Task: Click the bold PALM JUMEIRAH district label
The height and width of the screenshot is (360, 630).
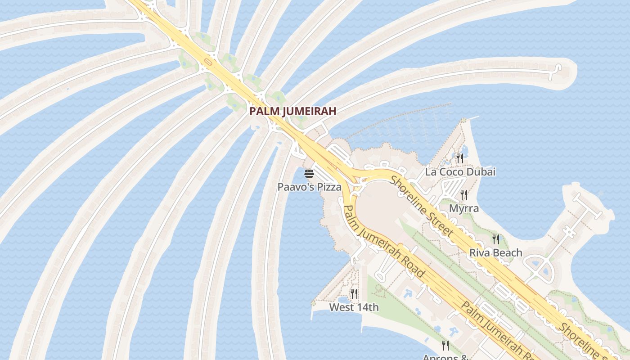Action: pyautogui.click(x=293, y=111)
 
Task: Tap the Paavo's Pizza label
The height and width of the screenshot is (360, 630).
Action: pyautogui.click(x=309, y=187)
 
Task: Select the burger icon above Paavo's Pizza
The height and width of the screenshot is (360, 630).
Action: pyautogui.click(x=309, y=174)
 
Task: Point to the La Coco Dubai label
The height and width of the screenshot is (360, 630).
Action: pyautogui.click(x=460, y=171)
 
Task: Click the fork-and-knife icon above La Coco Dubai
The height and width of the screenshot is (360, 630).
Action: pyautogui.click(x=459, y=158)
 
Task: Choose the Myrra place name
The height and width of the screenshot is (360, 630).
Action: pyautogui.click(x=463, y=208)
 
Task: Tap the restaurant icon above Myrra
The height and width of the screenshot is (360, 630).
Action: pyautogui.click(x=464, y=195)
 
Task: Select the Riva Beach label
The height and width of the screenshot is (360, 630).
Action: pyautogui.click(x=495, y=252)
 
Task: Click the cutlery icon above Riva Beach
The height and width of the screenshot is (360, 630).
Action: pyautogui.click(x=496, y=239)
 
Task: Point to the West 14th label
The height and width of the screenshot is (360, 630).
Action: pyautogui.click(x=354, y=307)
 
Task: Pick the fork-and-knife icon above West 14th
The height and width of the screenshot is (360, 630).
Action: pyautogui.click(x=354, y=294)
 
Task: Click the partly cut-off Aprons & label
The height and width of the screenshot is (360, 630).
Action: pyautogui.click(x=445, y=357)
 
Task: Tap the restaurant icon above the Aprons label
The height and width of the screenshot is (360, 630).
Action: pyautogui.click(x=445, y=346)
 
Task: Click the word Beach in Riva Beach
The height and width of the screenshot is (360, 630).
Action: pyautogui.click(x=507, y=252)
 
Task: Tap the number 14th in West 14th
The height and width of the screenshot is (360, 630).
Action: pyautogui.click(x=367, y=307)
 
